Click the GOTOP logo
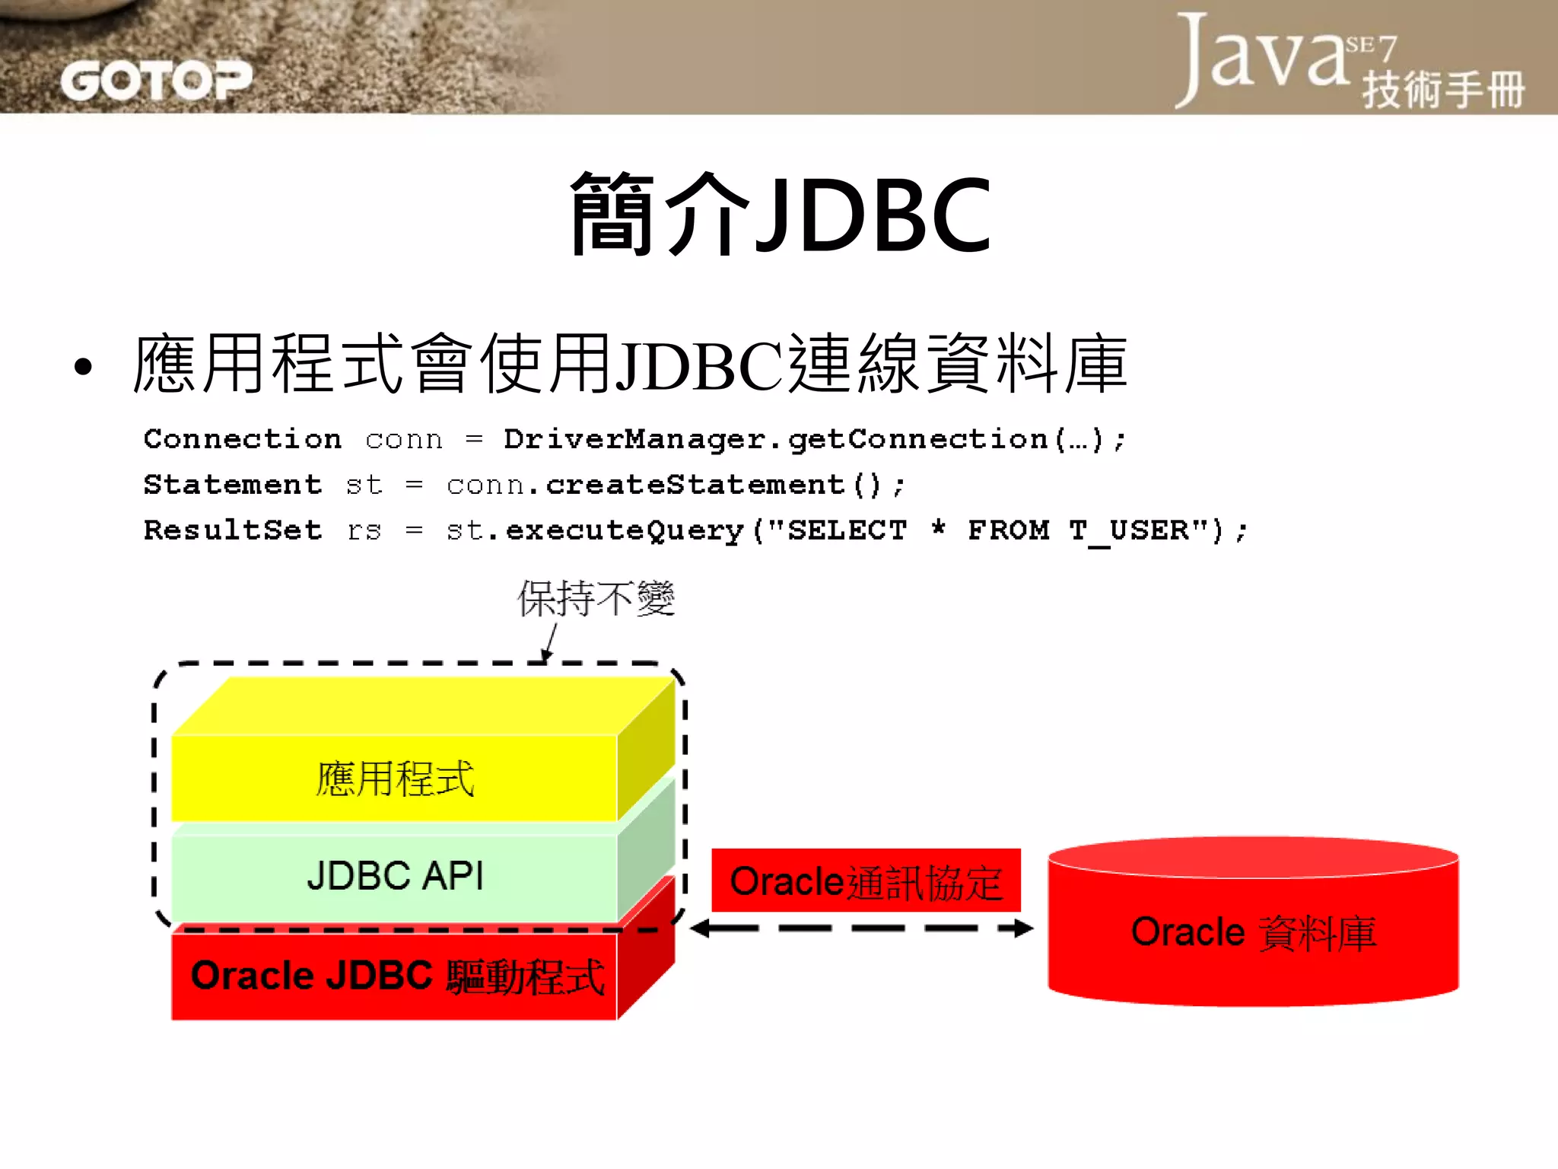156,80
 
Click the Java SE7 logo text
1286,57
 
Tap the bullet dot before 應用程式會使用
84,367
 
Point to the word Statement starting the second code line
233,485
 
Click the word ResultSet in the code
233,530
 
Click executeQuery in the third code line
624,530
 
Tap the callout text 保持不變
596,598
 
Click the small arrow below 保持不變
549,643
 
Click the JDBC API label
395,875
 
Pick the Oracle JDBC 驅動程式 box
396,976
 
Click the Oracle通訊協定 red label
866,881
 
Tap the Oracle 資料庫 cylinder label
1253,932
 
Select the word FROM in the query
1008,530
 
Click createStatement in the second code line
695,485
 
